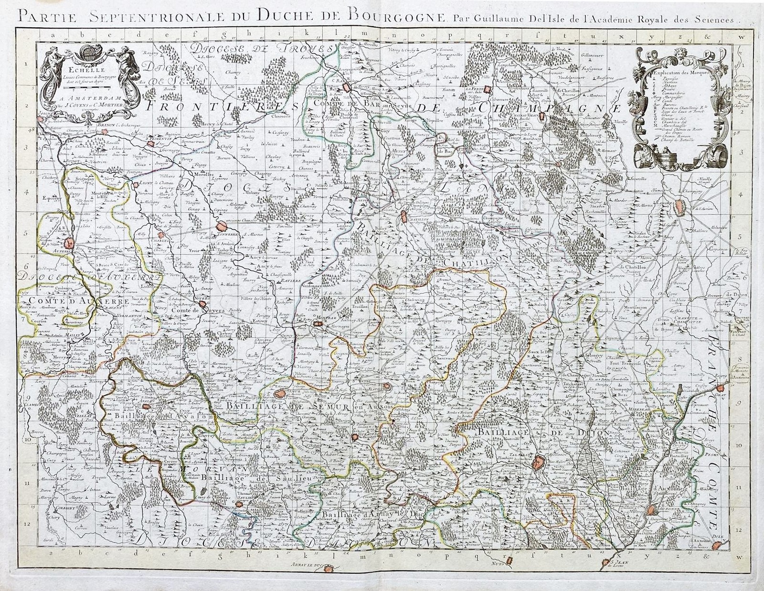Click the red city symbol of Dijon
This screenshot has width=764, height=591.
pos(538,462)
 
